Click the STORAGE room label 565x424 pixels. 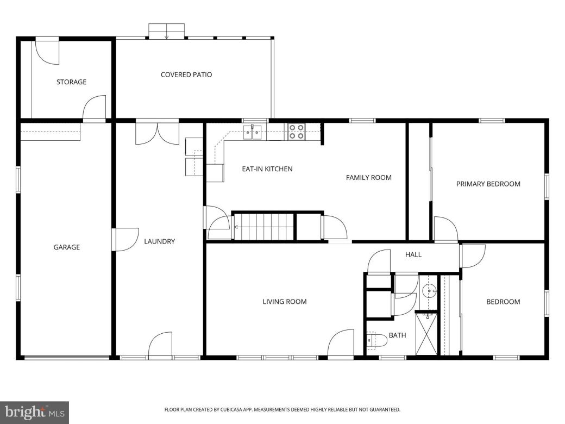pos(71,82)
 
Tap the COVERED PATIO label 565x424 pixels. pos(186,74)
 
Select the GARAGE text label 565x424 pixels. pos(67,247)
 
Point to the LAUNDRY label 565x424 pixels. pos(159,241)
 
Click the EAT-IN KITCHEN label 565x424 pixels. pos(267,169)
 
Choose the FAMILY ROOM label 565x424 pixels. pos(368,177)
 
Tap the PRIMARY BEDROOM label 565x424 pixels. pos(488,184)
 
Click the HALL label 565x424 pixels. pos(413,254)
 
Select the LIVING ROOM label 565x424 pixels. pos(285,302)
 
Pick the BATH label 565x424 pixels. pos(397,335)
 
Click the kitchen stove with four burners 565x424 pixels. pos(296,132)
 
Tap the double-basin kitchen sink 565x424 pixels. pos(253,131)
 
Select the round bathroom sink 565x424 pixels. pos(429,291)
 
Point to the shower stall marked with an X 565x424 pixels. pos(426,334)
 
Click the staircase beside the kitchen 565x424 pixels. pos(264,226)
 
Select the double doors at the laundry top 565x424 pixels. pos(157,133)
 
